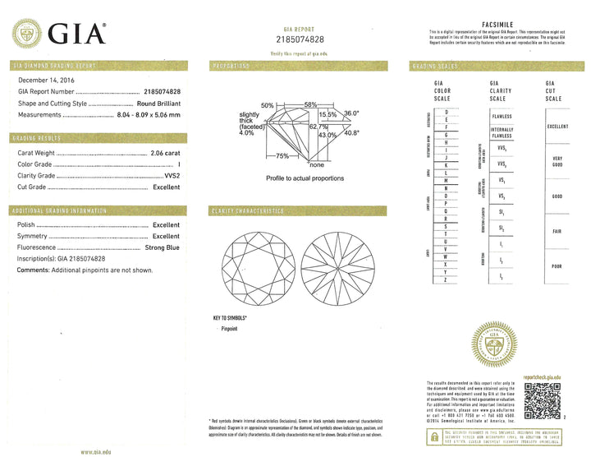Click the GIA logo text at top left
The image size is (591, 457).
point(78,35)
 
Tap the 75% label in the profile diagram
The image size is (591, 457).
point(282,155)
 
